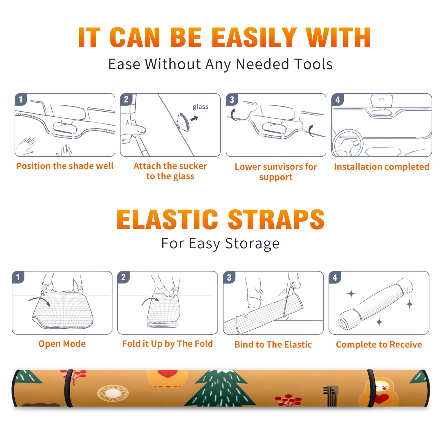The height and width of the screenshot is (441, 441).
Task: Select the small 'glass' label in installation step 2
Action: (x=200, y=107)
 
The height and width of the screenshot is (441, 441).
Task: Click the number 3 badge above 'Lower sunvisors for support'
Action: (x=232, y=100)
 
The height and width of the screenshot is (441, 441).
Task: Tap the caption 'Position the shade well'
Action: (x=65, y=166)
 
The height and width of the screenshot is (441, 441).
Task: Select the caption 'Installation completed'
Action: (x=381, y=167)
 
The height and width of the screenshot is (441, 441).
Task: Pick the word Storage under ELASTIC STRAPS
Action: (x=252, y=243)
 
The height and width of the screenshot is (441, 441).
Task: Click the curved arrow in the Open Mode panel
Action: (x=39, y=301)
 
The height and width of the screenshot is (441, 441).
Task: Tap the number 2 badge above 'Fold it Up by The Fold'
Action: (x=123, y=277)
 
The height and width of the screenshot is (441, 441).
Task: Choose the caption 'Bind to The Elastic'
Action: (x=273, y=345)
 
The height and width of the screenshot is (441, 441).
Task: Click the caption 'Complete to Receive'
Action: (x=379, y=345)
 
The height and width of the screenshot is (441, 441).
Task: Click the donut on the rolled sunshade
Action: (x=113, y=393)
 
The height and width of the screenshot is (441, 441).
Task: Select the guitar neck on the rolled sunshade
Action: (x=331, y=396)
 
